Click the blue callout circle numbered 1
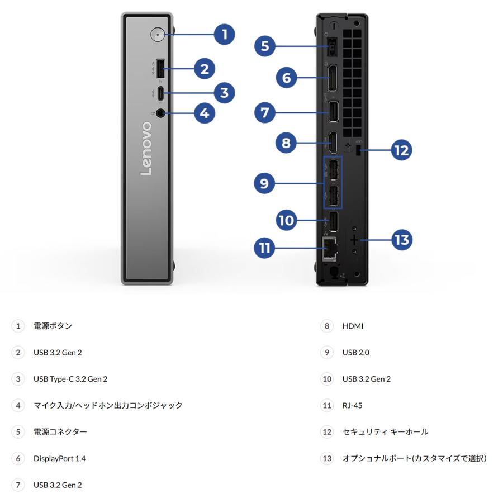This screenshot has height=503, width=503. [x=225, y=35]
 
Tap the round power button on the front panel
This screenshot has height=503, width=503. [x=158, y=35]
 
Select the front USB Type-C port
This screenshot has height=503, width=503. [x=160, y=93]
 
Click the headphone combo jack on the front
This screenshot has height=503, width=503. [x=161, y=113]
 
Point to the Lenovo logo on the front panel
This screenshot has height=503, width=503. [x=146, y=149]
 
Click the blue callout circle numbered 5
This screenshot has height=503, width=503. [x=265, y=46]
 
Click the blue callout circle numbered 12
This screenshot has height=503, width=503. [x=401, y=150]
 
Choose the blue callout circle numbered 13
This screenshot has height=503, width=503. [x=401, y=240]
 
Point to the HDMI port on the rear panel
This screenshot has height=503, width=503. [x=331, y=143]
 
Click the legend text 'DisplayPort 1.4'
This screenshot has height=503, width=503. [x=59, y=458]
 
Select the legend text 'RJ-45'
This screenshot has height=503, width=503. [x=352, y=405]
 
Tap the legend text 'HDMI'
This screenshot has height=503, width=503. [x=353, y=326]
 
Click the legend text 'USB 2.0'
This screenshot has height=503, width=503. [x=355, y=353]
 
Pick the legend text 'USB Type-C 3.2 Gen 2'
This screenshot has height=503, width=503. [x=70, y=379]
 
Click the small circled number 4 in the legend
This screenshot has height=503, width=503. [x=18, y=405]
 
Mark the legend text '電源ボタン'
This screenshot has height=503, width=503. [x=53, y=326]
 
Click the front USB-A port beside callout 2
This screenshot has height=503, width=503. [x=159, y=69]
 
